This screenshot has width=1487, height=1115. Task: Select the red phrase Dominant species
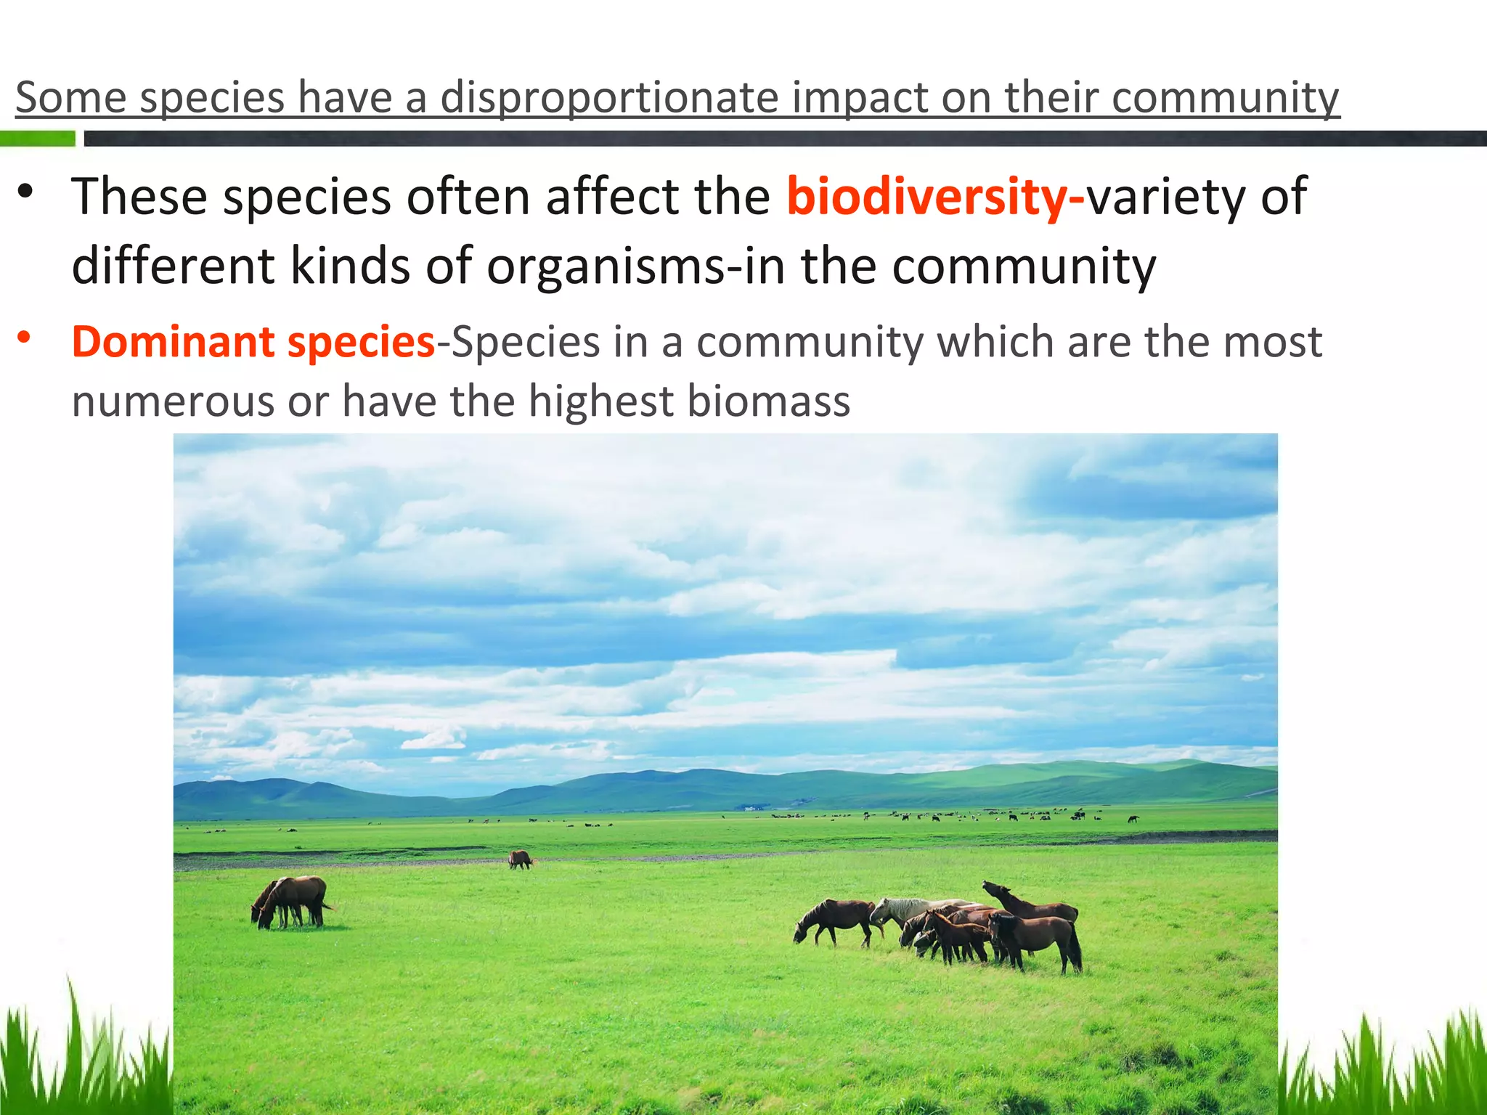(253, 342)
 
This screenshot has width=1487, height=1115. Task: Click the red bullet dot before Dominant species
(25, 337)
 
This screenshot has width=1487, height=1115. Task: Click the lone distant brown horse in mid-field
(520, 860)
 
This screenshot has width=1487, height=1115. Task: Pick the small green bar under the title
(37, 139)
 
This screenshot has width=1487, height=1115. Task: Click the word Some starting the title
(70, 98)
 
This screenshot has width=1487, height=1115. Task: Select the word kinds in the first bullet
(350, 266)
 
